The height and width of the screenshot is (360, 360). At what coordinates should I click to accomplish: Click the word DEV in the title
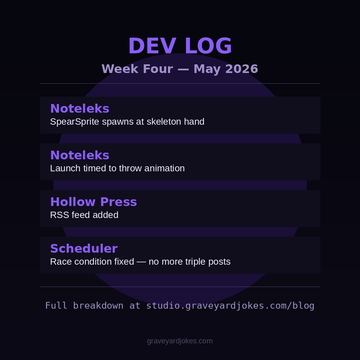(152, 46)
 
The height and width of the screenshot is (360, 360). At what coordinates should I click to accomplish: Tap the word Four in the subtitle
(158, 69)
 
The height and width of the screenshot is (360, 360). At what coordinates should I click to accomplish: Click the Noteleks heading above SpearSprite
(80, 108)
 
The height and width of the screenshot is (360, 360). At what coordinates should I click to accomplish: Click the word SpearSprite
(75, 122)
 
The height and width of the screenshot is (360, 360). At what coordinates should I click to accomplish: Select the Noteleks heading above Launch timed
(80, 155)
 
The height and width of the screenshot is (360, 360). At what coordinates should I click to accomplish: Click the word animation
(164, 168)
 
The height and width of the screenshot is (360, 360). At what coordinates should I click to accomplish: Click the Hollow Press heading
(93, 202)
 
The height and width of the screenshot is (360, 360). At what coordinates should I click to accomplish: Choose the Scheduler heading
(84, 248)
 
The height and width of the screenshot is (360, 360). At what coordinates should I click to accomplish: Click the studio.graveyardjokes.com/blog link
(230, 306)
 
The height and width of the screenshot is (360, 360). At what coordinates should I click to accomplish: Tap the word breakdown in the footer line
(98, 306)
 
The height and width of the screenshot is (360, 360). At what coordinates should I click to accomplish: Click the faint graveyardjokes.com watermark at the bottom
(180, 341)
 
